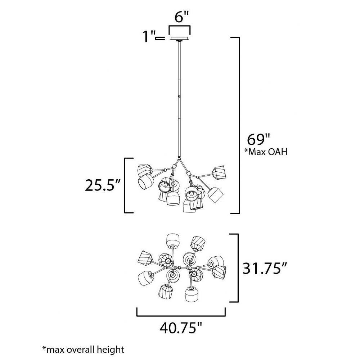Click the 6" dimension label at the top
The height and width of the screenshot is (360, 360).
click(181, 17)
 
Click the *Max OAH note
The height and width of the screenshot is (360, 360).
click(266, 152)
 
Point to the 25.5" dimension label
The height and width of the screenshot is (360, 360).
click(103, 185)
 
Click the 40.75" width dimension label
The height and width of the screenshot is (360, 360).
click(181, 328)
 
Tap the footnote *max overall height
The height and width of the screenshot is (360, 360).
click(83, 350)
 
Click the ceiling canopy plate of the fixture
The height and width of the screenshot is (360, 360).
click(180, 39)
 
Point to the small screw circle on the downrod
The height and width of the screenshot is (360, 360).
click(179, 96)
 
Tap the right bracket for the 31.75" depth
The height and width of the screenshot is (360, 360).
click(238, 268)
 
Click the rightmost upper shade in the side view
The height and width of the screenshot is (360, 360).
click(219, 172)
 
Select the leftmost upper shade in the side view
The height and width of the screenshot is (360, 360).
click(144, 170)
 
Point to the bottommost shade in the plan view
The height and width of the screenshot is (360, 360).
click(191, 294)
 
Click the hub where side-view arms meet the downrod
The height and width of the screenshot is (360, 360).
click(179, 159)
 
